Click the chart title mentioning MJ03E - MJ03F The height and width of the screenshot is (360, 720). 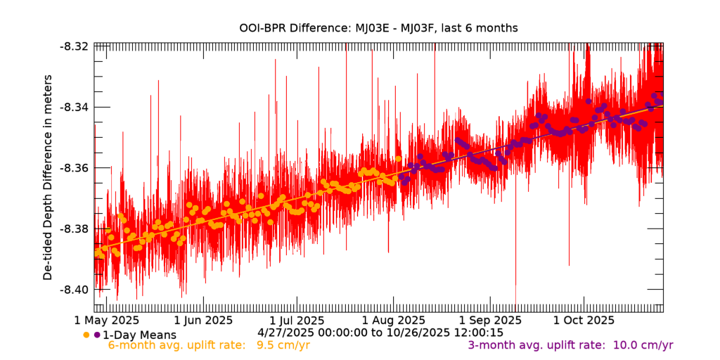point(378,28)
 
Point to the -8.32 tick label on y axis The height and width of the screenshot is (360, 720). point(75,46)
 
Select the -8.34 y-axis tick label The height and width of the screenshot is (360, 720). point(75,107)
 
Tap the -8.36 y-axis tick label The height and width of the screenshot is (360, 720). point(75,168)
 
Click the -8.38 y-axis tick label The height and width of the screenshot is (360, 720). point(75,229)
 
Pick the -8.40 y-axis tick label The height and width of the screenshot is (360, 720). point(75,290)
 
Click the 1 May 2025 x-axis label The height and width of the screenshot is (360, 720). point(108,321)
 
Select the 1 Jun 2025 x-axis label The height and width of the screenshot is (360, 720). point(203,321)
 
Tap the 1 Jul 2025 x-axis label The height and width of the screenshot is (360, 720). point(297,321)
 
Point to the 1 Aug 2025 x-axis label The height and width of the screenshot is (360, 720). point(394,321)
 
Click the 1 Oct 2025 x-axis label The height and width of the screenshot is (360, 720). point(584,321)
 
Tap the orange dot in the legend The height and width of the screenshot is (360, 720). point(86,335)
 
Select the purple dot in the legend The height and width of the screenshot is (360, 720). point(97,335)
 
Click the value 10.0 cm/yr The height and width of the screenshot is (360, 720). point(643,345)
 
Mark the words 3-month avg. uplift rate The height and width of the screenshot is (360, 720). point(535,345)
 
